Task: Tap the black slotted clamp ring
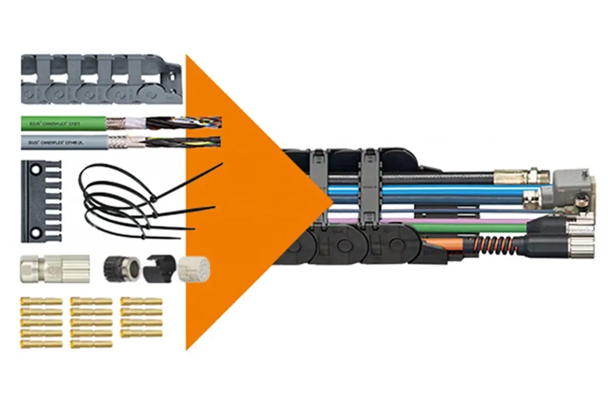coord(158,269)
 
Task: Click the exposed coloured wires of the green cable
coord(200,123)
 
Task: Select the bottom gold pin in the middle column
coord(91,344)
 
